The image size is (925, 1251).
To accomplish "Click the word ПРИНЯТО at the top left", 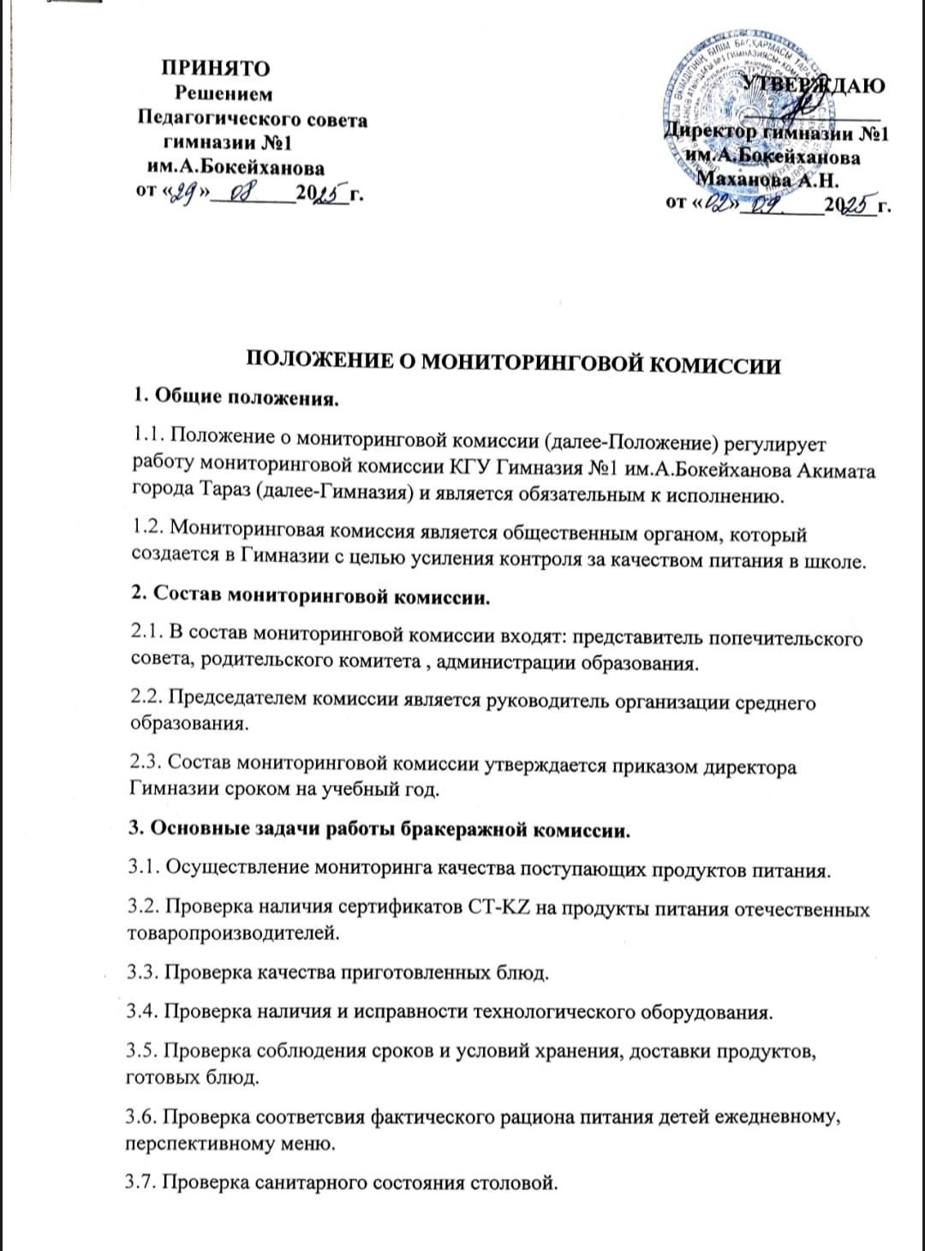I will coord(216,68).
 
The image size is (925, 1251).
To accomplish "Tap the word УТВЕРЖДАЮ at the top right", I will coord(812,84).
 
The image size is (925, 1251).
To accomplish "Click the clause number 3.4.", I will coord(142,1012).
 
